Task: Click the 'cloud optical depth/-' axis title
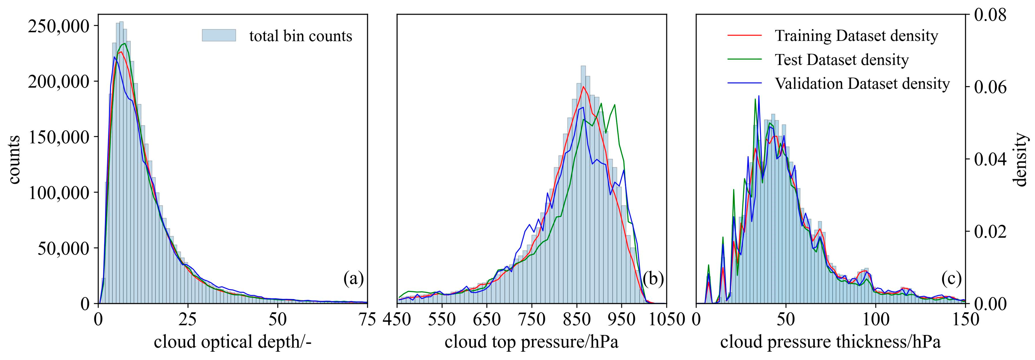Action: (x=233, y=342)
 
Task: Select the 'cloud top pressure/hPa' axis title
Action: (x=532, y=342)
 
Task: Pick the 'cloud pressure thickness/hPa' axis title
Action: (x=831, y=342)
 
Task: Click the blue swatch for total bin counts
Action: (x=219, y=36)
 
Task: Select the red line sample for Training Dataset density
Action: (x=745, y=35)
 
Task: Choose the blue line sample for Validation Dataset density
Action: (x=745, y=84)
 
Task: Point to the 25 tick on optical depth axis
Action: (x=188, y=319)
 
